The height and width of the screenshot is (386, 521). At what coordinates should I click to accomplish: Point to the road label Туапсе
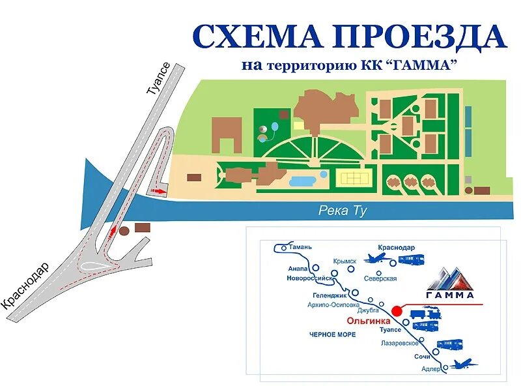tap(159, 81)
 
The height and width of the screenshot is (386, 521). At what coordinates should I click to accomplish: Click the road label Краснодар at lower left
tap(26, 286)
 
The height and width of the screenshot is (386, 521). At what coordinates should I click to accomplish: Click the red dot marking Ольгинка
tap(397, 310)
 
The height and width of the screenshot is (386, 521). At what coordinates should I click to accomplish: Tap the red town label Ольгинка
tap(369, 321)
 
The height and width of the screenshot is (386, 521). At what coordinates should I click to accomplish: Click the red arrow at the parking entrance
tap(158, 191)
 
